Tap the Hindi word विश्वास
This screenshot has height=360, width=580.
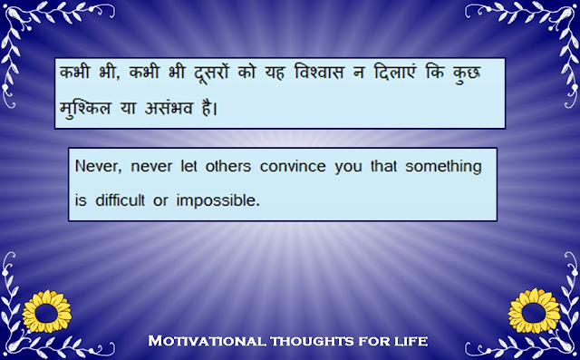coord(319,72)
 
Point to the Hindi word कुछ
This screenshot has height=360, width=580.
coord(466,73)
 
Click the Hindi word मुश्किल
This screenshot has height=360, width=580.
coord(85,108)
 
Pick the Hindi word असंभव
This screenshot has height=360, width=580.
coord(169,108)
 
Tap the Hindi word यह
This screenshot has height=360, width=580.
coord(275,73)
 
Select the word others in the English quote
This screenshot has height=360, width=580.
coord(228,166)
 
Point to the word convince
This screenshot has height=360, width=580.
coord(293,166)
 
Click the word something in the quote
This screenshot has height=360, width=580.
coord(443,168)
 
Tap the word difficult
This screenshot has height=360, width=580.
coord(120,200)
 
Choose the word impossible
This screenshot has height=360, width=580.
coord(217,201)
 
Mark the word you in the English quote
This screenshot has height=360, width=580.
coord(348,168)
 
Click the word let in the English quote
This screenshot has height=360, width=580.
coord(188,166)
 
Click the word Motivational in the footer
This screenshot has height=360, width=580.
coord(207,340)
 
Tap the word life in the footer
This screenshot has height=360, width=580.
coord(411,340)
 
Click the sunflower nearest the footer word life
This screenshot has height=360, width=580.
coord(534,311)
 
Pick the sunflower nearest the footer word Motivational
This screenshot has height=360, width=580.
coord(47,312)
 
